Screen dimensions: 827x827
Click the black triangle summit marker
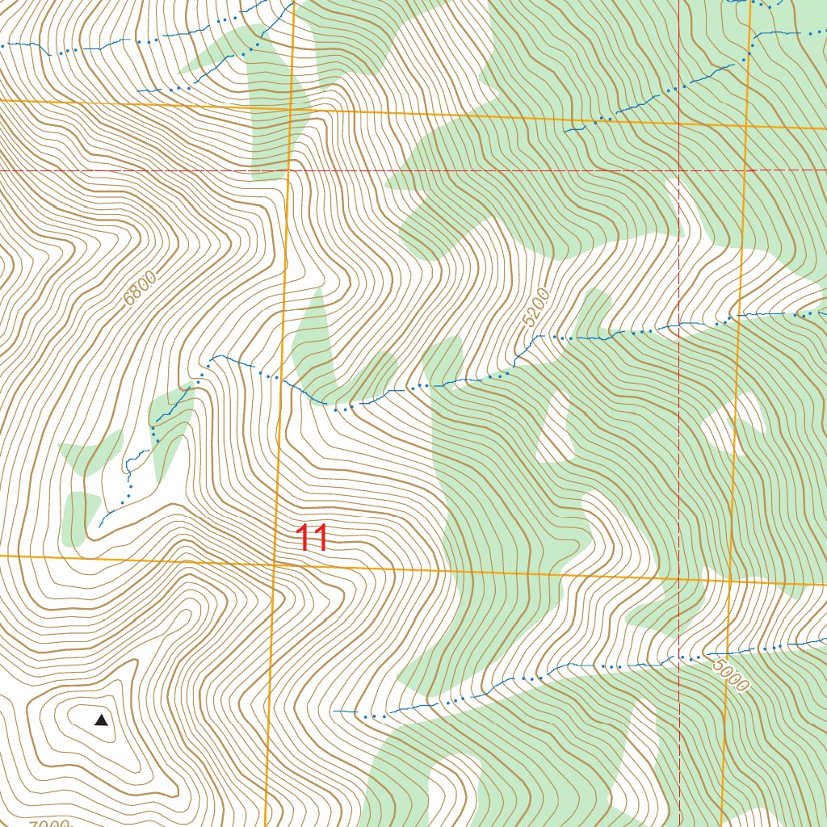pyautogui.click(x=101, y=720)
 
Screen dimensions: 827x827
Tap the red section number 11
pyautogui.click(x=311, y=538)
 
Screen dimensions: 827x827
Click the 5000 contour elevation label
pyautogui.click(x=731, y=675)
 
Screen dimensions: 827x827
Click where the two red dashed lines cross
pyautogui.click(x=678, y=171)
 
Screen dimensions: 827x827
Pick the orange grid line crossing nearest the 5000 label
pyautogui.click(x=729, y=581)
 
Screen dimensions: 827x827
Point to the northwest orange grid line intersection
pyautogui.click(x=291, y=108)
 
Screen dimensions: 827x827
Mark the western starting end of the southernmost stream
pyautogui.click(x=334, y=711)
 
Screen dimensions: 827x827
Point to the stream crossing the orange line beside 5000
pyautogui.click(x=724, y=652)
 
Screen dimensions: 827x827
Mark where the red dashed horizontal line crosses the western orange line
pyautogui.click(x=288, y=171)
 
